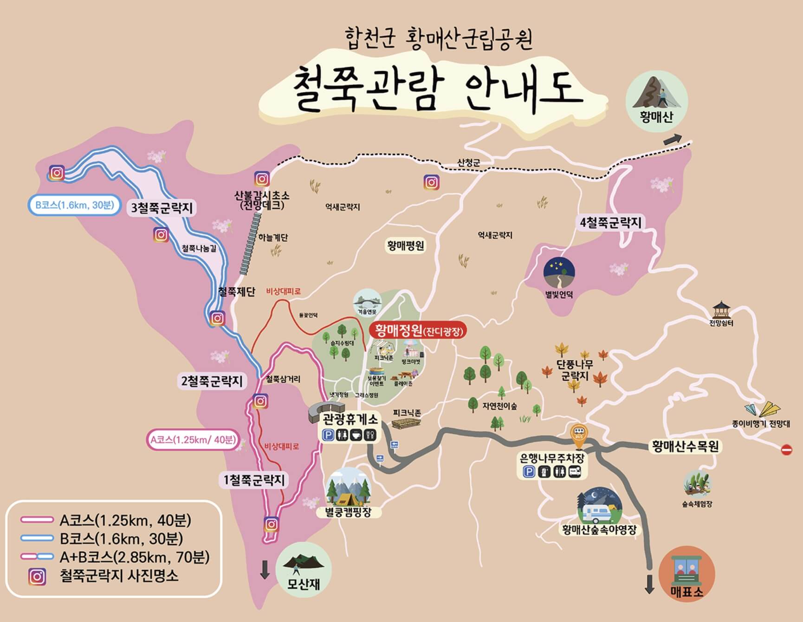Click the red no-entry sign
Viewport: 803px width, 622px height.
[x=786, y=449]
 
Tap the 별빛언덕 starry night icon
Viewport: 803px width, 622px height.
[x=559, y=273]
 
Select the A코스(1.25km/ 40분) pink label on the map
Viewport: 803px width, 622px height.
[x=193, y=440]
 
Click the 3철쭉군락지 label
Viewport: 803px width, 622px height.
[x=162, y=208]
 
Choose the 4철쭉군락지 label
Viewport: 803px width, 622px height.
[x=610, y=223]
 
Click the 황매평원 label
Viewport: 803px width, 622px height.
[x=405, y=246]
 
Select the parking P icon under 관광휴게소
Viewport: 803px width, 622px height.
[x=329, y=435]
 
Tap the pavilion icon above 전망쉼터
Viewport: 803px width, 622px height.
[x=721, y=309]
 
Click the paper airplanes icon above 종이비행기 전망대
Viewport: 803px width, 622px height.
[x=763, y=409]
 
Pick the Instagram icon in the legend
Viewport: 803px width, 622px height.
[x=37, y=577]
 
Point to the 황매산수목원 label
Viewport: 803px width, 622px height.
[x=685, y=447]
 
